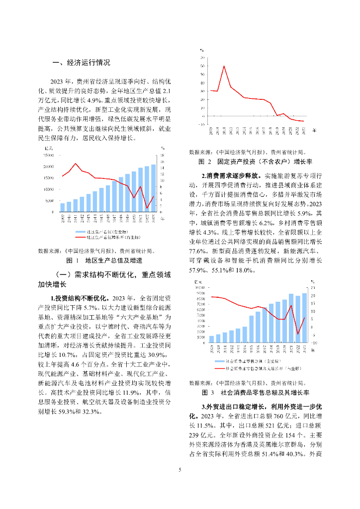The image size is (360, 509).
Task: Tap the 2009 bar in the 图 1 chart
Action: [62, 207]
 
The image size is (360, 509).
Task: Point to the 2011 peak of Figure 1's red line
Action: [76, 164]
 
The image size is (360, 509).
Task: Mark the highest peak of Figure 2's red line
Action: [224, 66]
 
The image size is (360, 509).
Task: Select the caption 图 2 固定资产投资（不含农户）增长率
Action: [255, 162]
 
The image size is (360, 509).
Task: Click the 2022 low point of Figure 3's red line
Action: [297, 334]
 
